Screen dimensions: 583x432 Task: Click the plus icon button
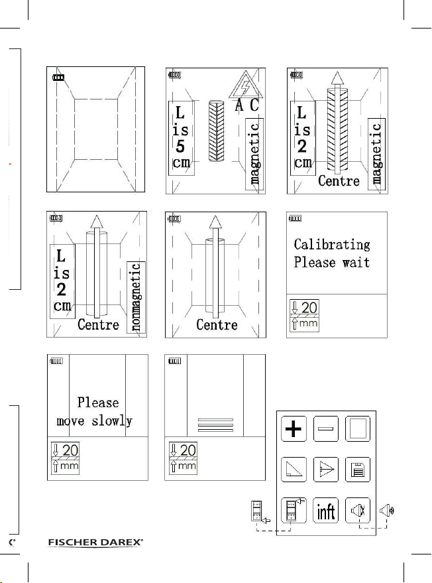click(294, 430)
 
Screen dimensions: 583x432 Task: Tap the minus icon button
click(326, 430)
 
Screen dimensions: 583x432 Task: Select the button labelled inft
click(326, 511)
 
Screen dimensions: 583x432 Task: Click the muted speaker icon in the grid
click(358, 511)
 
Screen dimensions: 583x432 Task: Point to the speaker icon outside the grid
click(387, 511)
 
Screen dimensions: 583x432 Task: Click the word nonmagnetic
click(136, 296)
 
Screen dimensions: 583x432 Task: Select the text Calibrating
click(332, 244)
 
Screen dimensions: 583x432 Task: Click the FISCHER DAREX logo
click(96, 544)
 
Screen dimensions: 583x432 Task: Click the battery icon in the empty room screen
click(60, 78)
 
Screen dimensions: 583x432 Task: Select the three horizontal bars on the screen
click(216, 425)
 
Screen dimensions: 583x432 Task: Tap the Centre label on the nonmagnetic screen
click(98, 324)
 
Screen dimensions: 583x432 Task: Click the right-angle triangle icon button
click(294, 470)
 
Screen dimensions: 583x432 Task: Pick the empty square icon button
click(358, 430)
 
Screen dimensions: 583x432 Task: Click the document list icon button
click(358, 470)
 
